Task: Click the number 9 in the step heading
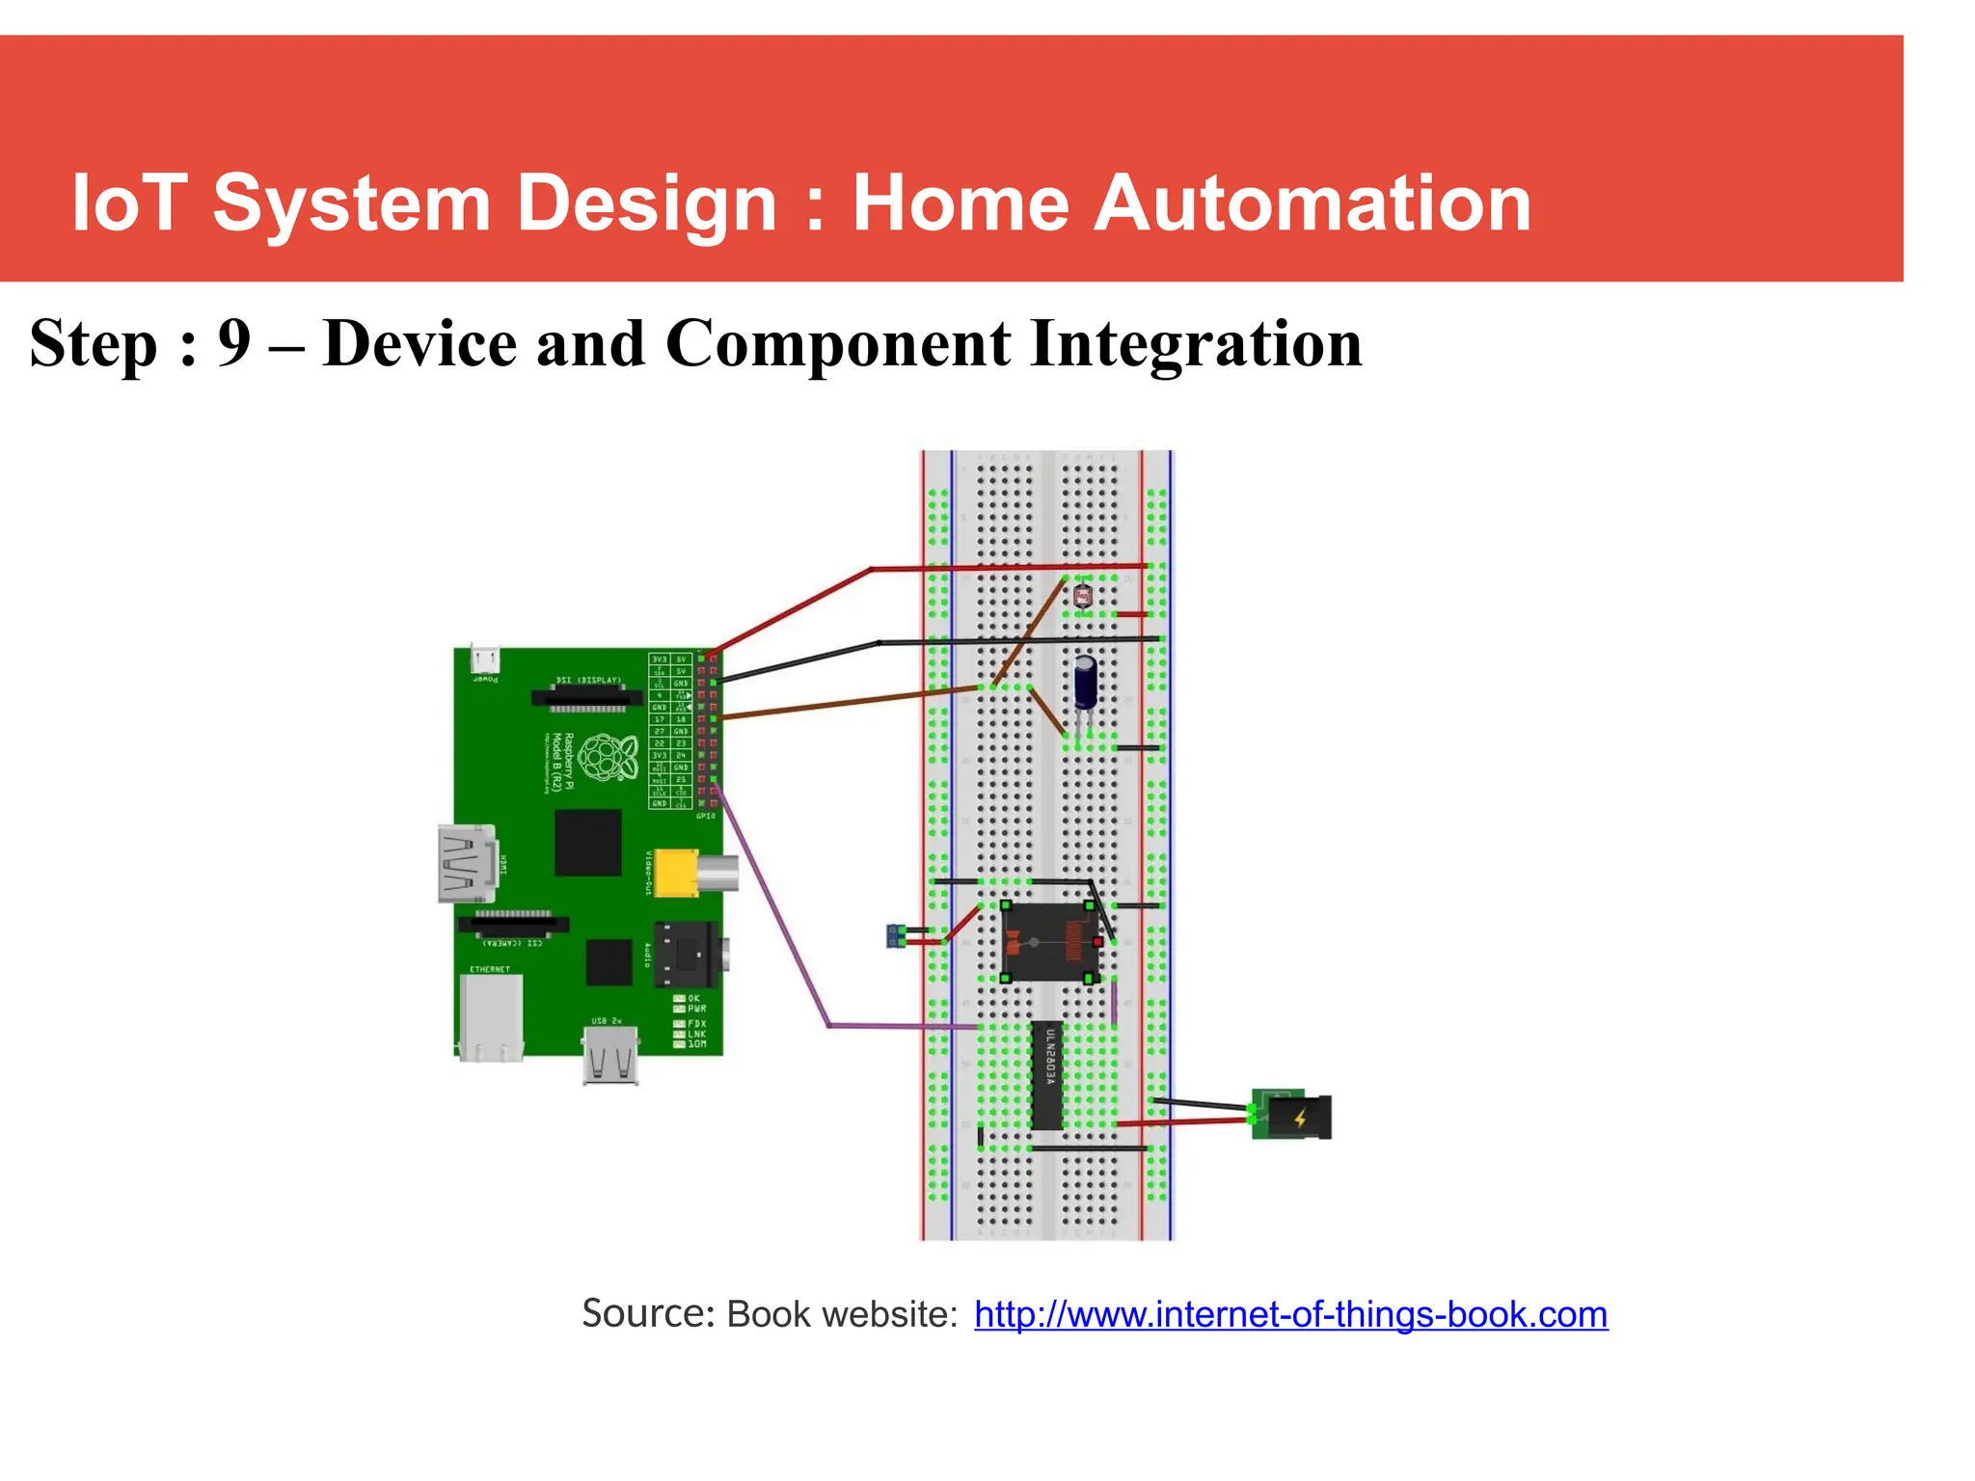pyautogui.click(x=234, y=343)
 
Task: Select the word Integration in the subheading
pyautogui.click(x=1196, y=343)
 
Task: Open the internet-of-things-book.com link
pyautogui.click(x=1290, y=1315)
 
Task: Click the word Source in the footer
pyautogui.click(x=646, y=1314)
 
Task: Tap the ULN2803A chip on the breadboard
pyautogui.click(x=1047, y=1075)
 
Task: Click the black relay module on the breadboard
pyautogui.click(x=1049, y=942)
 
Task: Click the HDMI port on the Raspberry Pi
pyautogui.click(x=468, y=864)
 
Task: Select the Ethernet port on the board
pyautogui.click(x=492, y=1015)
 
